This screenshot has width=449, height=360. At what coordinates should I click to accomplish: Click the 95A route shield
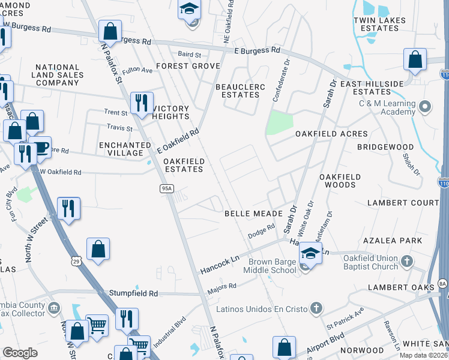(x=166, y=188)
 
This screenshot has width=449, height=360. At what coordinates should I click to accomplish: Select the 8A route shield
(x=442, y=283)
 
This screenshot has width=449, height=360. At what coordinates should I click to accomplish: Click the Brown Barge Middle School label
(x=270, y=266)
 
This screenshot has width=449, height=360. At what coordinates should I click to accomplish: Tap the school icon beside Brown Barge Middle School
(x=310, y=254)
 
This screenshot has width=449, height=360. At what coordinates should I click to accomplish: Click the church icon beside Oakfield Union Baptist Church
(x=408, y=261)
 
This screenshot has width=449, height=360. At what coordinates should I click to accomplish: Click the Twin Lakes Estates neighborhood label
(x=388, y=24)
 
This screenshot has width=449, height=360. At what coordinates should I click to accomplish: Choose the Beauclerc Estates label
(x=240, y=91)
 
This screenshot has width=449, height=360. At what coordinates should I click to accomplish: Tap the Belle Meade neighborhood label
(x=253, y=214)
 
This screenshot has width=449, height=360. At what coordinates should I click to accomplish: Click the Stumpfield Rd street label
(x=133, y=293)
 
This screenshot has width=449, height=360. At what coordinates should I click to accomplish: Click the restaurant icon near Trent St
(x=142, y=103)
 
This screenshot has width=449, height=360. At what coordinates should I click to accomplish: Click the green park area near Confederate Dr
(x=280, y=122)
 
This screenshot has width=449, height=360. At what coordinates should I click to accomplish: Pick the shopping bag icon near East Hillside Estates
(x=415, y=59)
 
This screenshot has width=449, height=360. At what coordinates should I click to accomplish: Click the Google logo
(x=20, y=353)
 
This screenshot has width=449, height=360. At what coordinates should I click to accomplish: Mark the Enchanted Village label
(x=125, y=149)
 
